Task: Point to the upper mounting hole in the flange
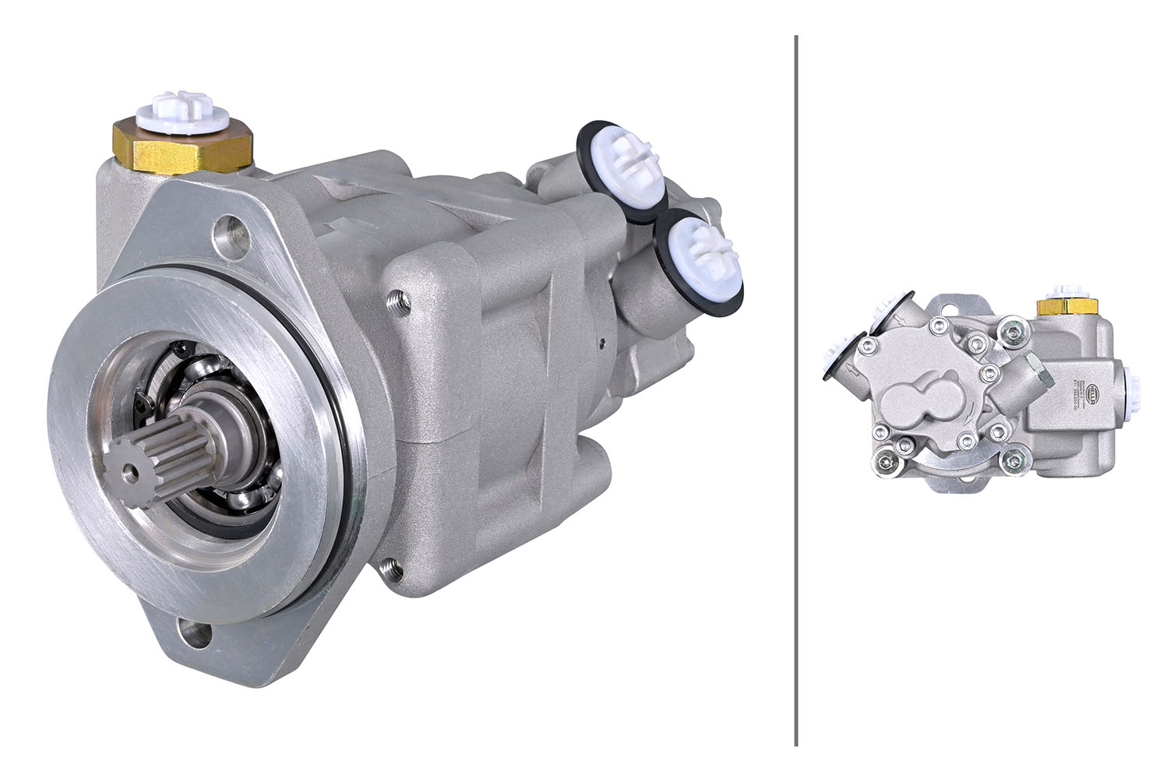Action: tap(231, 232)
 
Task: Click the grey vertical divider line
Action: tap(795, 389)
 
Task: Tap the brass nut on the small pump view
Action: tap(1066, 306)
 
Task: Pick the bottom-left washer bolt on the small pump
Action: tap(886, 459)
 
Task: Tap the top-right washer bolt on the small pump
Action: tap(1013, 333)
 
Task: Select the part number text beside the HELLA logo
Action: tap(1076, 393)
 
